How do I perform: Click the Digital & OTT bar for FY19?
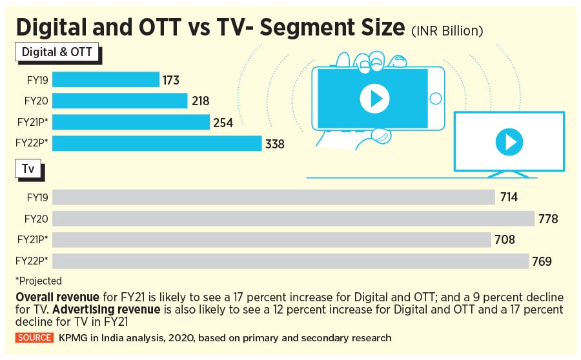point(106,79)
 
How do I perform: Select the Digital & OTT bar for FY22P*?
point(157,144)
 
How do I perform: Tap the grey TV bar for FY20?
point(294,219)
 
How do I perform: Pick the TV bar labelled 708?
point(272,240)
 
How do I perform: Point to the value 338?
point(275,145)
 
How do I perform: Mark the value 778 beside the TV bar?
point(547,219)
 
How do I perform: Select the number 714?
point(508,197)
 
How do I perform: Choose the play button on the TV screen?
point(509,141)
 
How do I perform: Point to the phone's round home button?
point(436,99)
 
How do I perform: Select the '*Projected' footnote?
point(38,281)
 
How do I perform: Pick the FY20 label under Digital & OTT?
point(37,101)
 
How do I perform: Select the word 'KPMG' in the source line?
point(68,337)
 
